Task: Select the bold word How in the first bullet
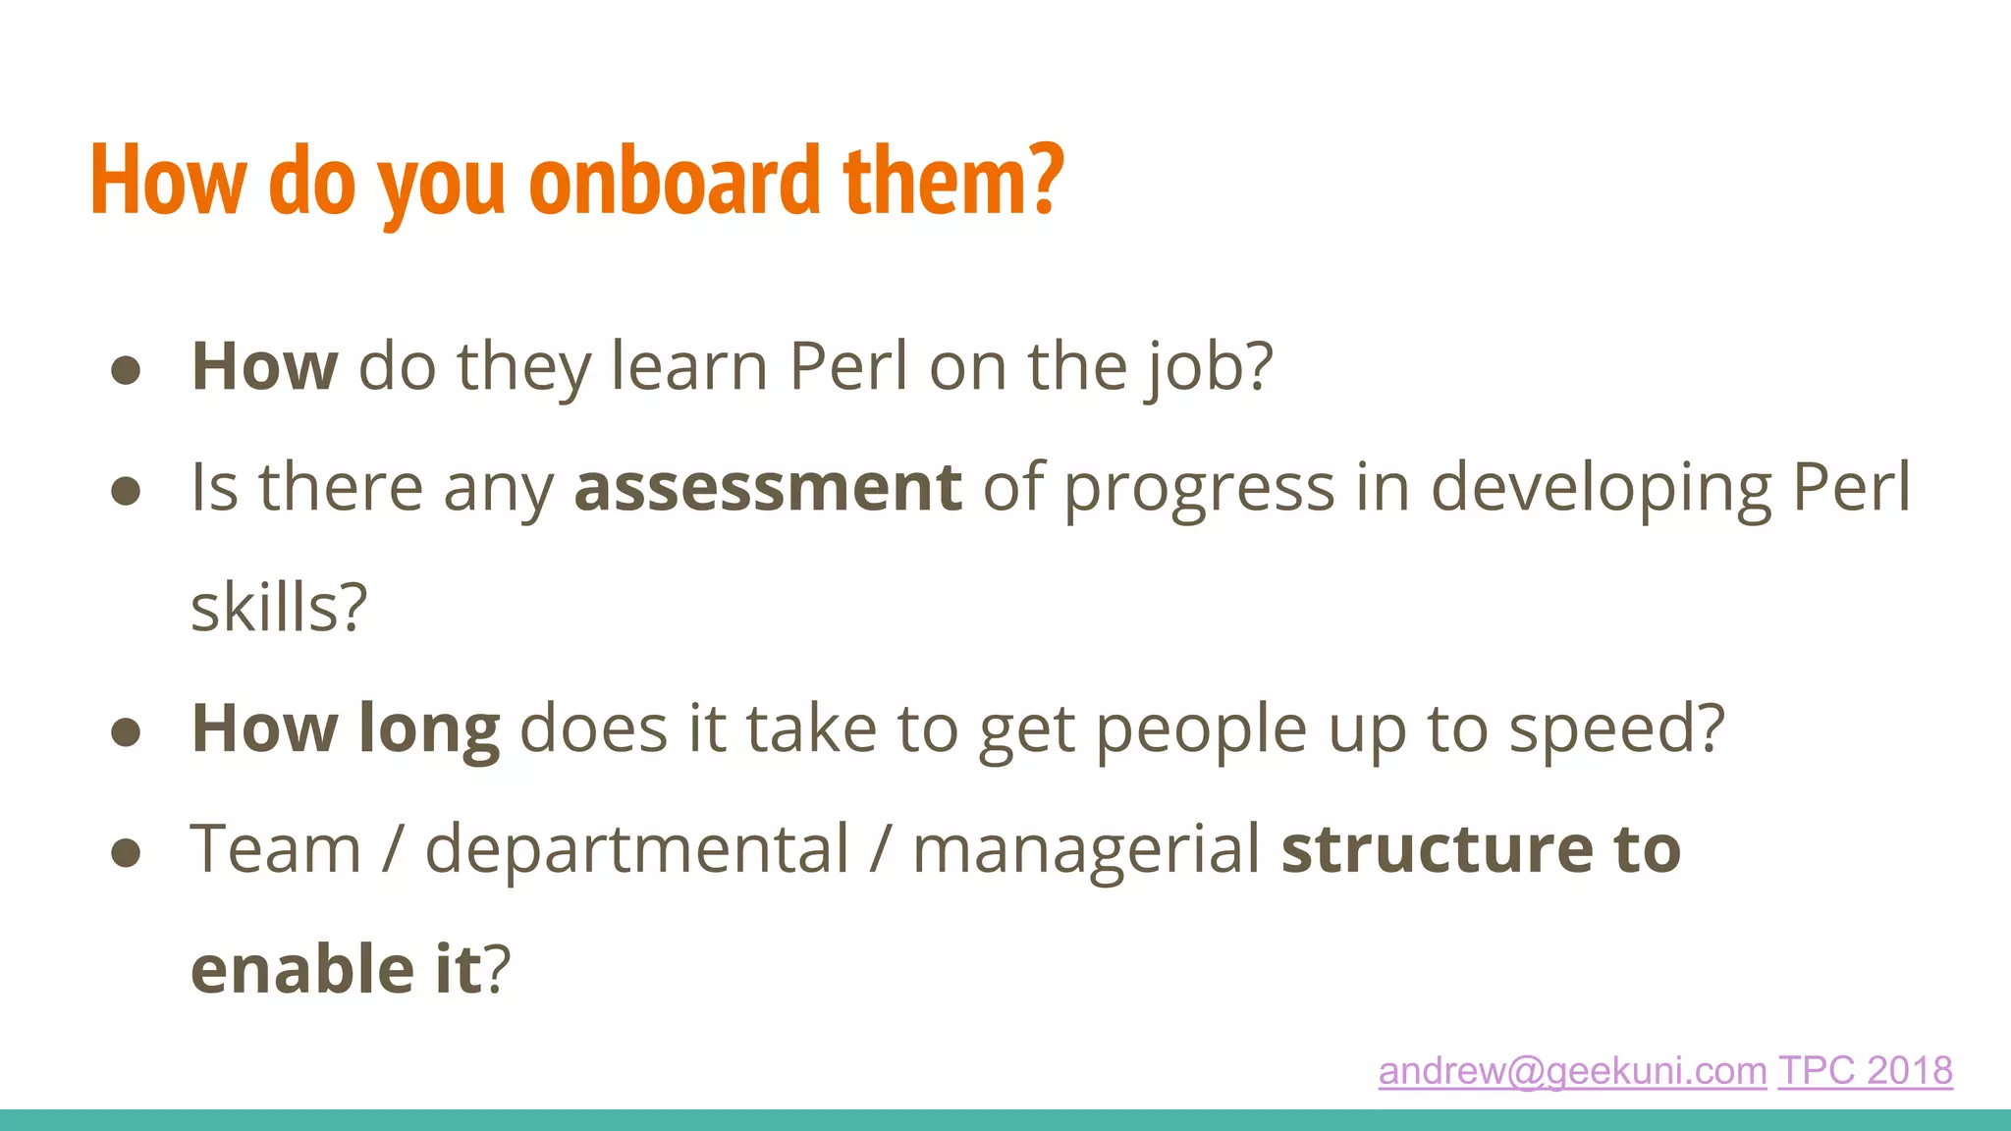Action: click(x=264, y=366)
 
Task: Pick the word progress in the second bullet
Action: click(x=1199, y=489)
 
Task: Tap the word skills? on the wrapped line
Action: click(x=279, y=608)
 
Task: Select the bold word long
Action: click(x=429, y=729)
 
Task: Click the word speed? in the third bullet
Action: click(x=1616, y=729)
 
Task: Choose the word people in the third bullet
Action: click(x=1200, y=730)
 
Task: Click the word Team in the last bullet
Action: click(x=276, y=848)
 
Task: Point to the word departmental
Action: click(x=636, y=849)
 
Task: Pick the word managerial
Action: click(x=1086, y=850)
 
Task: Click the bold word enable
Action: click(x=302, y=969)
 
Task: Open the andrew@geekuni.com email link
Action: click(x=1572, y=1070)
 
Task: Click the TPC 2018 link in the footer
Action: click(x=1865, y=1070)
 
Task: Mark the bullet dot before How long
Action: click(x=126, y=731)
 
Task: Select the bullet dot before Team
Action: click(x=126, y=852)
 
